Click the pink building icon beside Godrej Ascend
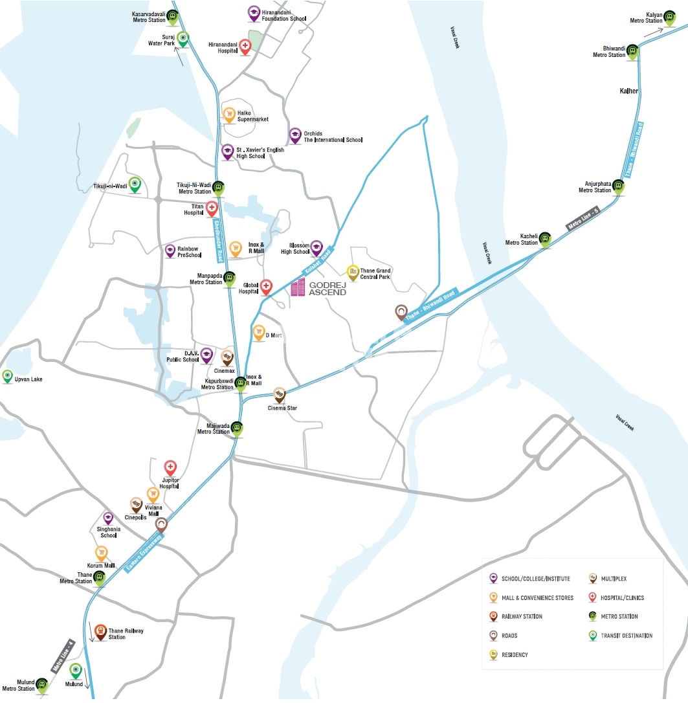(298, 288)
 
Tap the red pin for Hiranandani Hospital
(245, 46)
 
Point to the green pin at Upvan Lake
(8, 375)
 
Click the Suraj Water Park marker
(183, 39)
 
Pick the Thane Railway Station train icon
(100, 630)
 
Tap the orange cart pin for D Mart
(258, 332)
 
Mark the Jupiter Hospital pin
(170, 467)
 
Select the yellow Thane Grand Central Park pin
(353, 272)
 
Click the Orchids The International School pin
(295, 135)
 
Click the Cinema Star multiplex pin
(279, 394)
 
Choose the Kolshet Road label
(316, 260)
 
